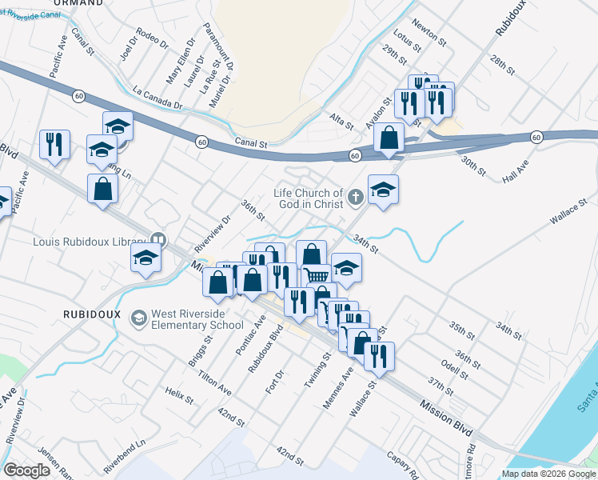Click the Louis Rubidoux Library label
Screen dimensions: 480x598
90,240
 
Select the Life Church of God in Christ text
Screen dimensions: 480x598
308,198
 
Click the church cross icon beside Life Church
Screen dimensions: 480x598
354,195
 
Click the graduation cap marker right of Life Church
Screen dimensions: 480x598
383,189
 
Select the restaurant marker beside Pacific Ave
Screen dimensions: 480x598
54,143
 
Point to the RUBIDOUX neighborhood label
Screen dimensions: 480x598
92,314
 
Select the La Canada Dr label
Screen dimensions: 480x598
158,98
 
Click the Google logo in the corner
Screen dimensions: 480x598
26,470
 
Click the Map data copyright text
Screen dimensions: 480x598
548,474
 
